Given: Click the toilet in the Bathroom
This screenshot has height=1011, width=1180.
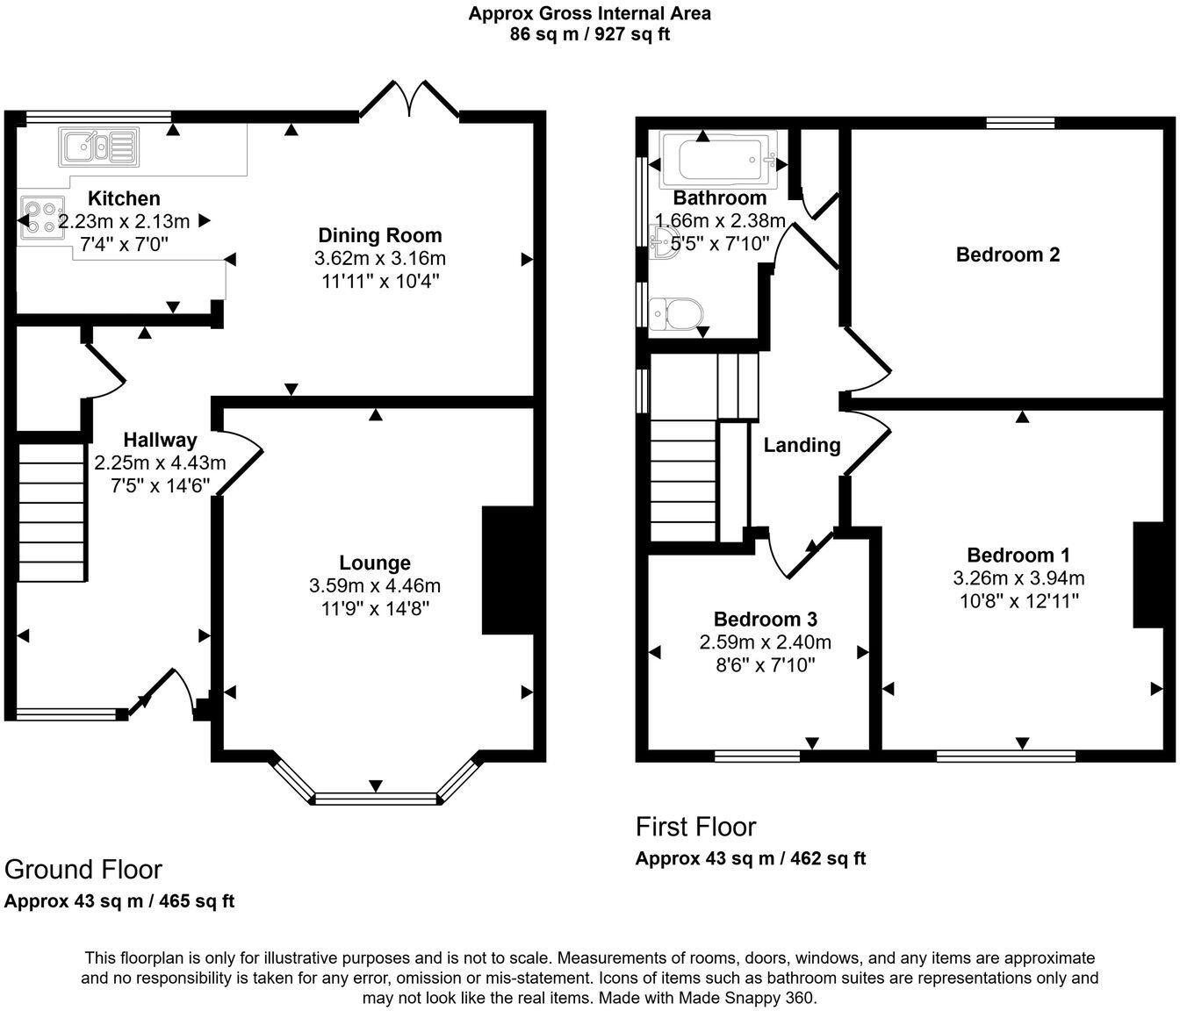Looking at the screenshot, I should tap(677, 312).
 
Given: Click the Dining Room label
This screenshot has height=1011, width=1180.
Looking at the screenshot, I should tap(379, 235).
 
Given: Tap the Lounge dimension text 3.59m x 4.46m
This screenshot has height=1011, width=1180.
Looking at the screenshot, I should tap(375, 585).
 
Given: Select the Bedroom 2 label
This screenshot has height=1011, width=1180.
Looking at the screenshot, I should tap(1007, 255).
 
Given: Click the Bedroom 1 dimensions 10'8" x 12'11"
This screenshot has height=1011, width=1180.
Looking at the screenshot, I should tap(1018, 600).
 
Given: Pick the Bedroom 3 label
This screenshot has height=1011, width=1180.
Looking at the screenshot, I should tap(766, 619).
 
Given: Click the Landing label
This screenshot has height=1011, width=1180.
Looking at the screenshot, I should tap(802, 445).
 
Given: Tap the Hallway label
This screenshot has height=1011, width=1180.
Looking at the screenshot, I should tap(160, 440).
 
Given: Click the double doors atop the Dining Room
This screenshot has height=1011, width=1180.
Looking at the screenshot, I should tap(409, 99).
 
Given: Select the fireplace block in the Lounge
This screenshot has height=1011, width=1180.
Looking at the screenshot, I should tap(507, 570).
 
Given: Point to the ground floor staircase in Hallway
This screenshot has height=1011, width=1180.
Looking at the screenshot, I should tap(53, 511).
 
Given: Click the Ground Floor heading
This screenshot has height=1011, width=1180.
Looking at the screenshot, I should tap(83, 869).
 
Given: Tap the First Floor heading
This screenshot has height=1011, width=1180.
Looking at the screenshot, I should tap(695, 827).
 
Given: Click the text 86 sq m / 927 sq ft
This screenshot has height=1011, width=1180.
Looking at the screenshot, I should tap(589, 35).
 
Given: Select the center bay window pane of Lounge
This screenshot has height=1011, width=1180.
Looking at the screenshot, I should tap(376, 798).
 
